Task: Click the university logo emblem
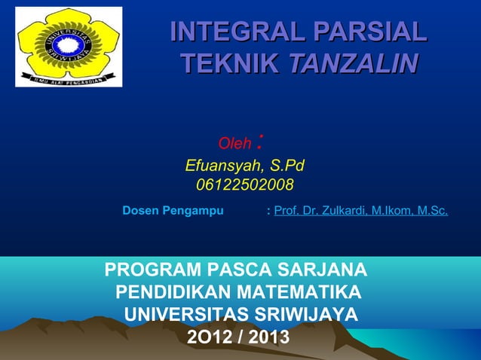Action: [69, 46]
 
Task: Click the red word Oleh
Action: [234, 144]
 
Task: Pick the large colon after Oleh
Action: [260, 139]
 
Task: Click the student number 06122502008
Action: [245, 185]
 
